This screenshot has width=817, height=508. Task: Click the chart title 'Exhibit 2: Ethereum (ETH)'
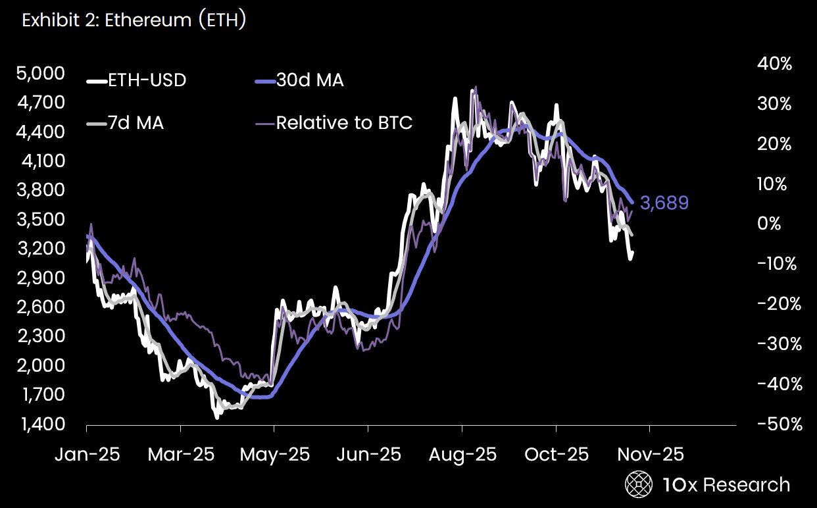(x=134, y=20)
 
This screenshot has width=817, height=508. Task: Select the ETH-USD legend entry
(x=137, y=81)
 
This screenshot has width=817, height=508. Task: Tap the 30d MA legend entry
(x=299, y=81)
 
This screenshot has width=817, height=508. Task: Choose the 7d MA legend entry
(x=126, y=122)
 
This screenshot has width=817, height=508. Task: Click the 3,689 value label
(x=664, y=203)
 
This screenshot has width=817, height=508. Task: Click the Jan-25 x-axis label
(x=87, y=455)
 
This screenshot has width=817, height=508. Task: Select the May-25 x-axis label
(x=274, y=455)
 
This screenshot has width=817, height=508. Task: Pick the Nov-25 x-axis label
(x=649, y=455)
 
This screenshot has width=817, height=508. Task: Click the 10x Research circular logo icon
(x=637, y=485)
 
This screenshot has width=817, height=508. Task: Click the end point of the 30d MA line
(x=632, y=203)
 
